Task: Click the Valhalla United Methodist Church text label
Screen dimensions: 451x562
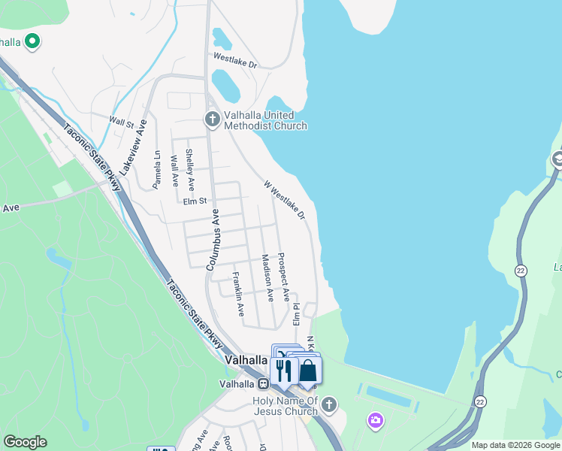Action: [265, 120]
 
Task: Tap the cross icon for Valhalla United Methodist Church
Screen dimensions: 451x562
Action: [212, 118]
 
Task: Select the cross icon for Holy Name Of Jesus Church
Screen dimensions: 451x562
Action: [328, 406]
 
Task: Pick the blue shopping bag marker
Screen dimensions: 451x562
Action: [308, 371]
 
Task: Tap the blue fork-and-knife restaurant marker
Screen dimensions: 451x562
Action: [283, 370]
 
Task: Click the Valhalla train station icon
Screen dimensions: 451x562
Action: [263, 383]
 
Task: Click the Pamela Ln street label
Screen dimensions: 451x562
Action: [157, 169]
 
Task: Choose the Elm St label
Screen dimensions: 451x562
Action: [194, 201]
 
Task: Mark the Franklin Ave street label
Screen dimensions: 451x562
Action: [237, 294]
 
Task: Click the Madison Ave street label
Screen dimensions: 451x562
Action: [266, 277]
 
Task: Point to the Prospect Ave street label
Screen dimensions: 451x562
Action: [283, 277]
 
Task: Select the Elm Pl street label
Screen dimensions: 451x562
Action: [297, 314]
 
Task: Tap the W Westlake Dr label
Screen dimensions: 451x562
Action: [285, 200]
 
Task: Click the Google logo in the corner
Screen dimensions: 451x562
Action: [25, 442]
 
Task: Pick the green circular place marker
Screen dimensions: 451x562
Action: [32, 41]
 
